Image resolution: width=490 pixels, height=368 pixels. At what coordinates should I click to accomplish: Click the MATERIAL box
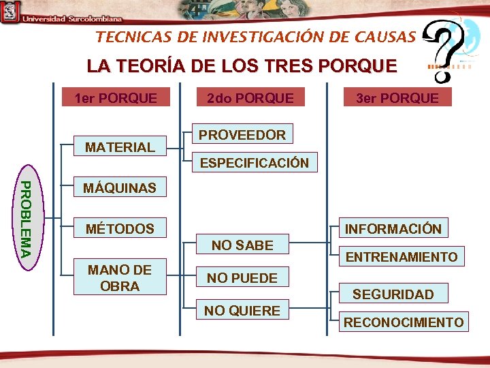[120, 147]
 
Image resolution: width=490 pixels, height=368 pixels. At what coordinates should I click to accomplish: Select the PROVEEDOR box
[242, 135]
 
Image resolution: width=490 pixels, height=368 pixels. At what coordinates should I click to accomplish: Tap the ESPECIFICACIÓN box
[254, 163]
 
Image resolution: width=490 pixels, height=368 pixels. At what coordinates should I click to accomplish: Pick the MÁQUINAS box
[119, 188]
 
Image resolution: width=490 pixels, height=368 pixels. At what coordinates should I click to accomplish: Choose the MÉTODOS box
[119, 229]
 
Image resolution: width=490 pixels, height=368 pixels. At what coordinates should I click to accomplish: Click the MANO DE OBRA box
[120, 278]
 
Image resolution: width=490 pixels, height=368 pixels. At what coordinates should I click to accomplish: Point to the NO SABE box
[242, 245]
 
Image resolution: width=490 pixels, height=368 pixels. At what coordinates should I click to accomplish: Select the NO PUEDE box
[242, 278]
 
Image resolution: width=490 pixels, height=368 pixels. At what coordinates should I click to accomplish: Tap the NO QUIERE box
[242, 311]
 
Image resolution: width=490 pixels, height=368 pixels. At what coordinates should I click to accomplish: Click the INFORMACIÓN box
[393, 229]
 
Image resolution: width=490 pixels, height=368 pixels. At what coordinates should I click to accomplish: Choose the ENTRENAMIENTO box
[402, 257]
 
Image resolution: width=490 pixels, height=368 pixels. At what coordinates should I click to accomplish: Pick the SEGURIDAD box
[393, 294]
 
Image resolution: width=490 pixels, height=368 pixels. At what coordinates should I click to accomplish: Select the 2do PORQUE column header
[250, 98]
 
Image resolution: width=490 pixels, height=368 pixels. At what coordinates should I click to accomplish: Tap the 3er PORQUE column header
[397, 98]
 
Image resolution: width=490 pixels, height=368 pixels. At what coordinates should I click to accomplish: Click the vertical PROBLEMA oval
[24, 218]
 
